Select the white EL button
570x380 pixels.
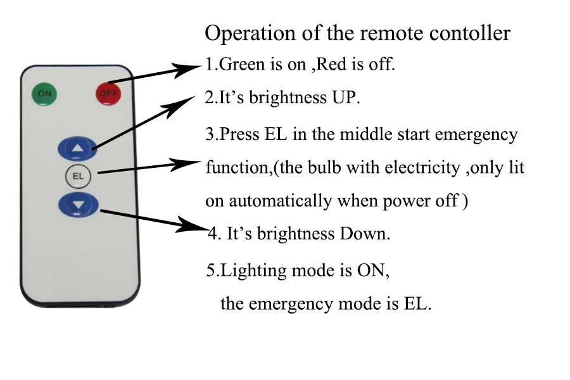tap(79, 176)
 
